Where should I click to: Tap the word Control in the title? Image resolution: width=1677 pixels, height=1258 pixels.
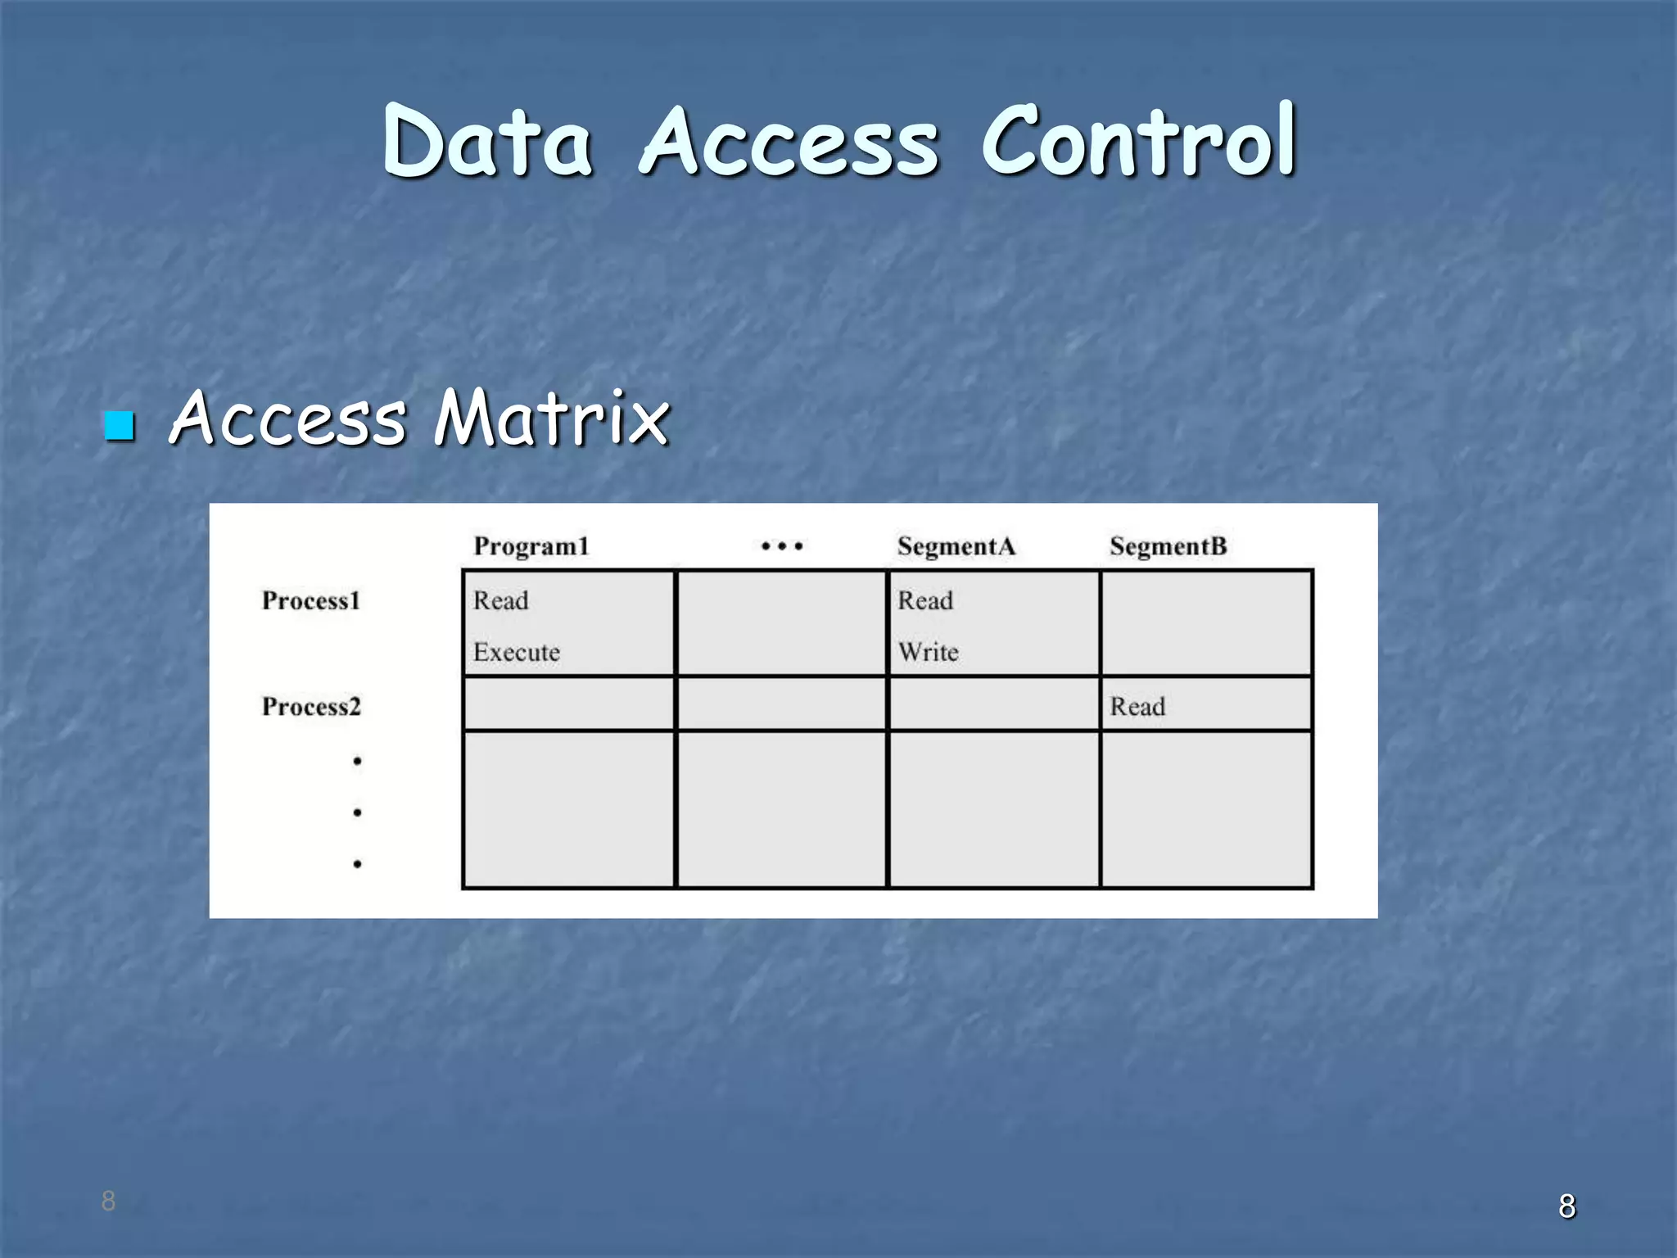(1139, 141)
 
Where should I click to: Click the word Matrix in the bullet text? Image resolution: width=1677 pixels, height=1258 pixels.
(552, 419)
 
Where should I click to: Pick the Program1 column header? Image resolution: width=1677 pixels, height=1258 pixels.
(531, 546)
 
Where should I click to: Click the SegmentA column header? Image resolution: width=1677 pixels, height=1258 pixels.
(956, 546)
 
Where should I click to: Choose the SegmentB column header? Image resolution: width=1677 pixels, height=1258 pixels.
(1168, 546)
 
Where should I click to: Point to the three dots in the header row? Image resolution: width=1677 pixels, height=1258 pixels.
(782, 546)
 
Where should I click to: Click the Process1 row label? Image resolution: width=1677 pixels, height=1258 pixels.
(311, 601)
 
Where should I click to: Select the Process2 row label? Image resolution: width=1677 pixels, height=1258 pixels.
(311, 706)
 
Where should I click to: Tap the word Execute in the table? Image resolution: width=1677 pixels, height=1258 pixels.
(517, 653)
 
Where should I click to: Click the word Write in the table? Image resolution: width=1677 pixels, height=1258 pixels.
(928, 653)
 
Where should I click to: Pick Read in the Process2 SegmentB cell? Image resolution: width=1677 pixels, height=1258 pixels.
(1137, 706)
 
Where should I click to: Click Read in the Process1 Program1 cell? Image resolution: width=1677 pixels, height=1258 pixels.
(501, 601)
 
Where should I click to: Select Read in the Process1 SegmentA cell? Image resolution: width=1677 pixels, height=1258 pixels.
(925, 601)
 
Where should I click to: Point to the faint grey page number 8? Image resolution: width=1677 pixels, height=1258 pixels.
(108, 1201)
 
